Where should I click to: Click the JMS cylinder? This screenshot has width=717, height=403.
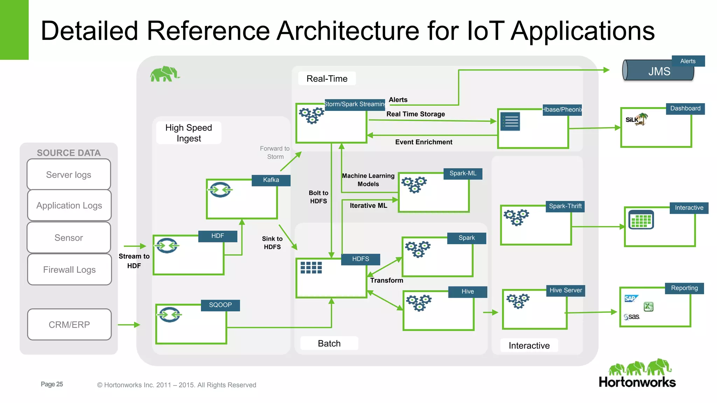658,71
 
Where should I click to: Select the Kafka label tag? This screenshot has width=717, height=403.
271,180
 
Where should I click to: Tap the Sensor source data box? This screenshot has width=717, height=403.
69,238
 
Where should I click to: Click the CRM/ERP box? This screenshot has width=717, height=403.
69,325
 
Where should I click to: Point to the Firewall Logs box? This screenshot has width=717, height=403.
69,270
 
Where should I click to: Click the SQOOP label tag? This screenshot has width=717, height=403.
220,305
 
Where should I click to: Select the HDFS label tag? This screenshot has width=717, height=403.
361,259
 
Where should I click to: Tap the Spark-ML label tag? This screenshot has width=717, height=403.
463,174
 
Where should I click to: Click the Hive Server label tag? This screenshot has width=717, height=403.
565,290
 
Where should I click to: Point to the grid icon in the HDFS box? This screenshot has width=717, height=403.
311,268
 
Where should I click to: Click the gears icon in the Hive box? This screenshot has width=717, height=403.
419,303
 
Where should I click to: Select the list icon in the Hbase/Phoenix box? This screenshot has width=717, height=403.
510,121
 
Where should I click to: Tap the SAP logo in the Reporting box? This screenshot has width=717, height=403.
631,298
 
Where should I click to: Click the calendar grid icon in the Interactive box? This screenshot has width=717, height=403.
641,220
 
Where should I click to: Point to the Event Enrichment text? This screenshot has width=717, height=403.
424,142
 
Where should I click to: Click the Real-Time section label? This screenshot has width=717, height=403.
327,79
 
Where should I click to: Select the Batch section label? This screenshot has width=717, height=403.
329,344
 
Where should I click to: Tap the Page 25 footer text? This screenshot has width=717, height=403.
52,384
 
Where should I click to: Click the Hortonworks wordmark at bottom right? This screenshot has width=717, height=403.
637,382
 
